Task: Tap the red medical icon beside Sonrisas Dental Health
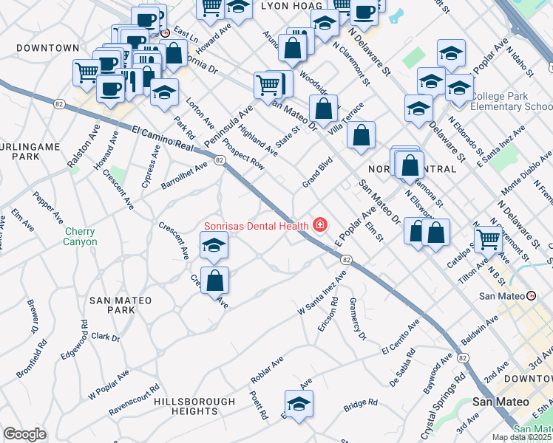[320, 224]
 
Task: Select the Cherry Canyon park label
[80, 236]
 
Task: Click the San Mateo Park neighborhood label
[121, 305]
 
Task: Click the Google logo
[24, 434]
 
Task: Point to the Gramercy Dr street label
[358, 324]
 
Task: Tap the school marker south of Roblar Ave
[299, 405]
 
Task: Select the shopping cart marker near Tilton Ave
[489, 238]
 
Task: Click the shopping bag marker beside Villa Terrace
[360, 135]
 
